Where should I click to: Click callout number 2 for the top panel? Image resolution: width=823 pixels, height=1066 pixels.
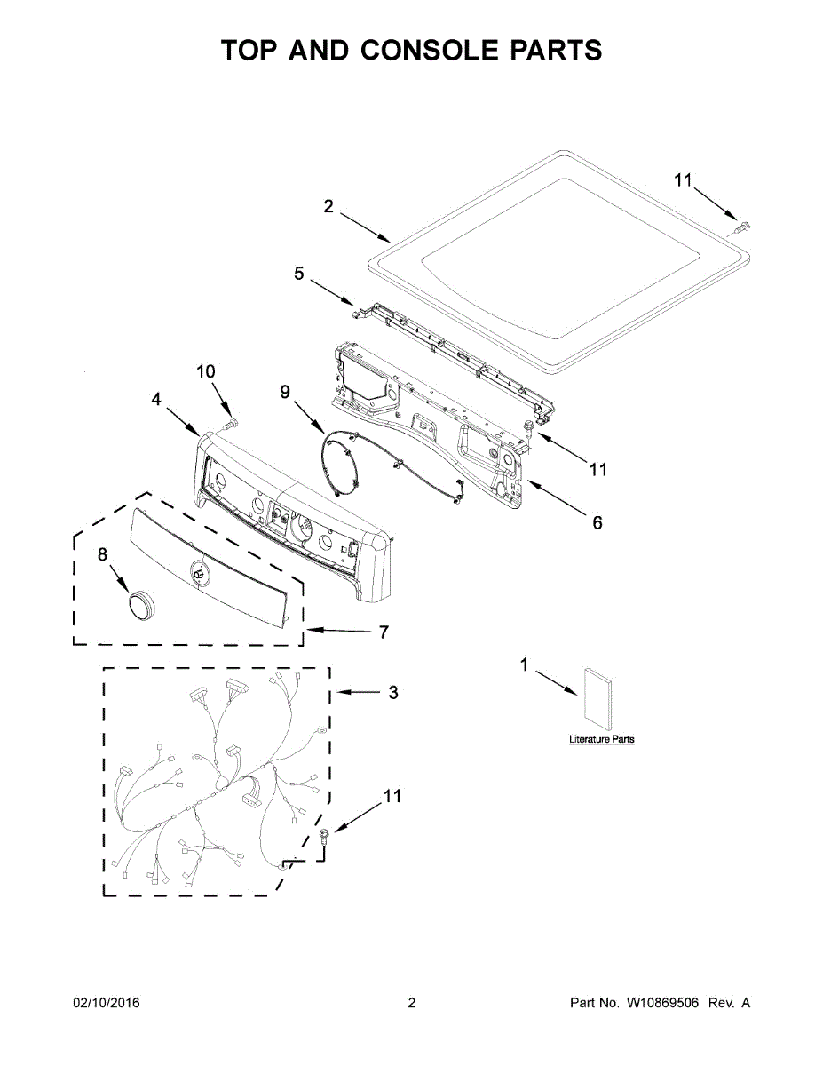[328, 207]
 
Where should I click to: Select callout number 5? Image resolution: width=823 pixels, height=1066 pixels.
[299, 274]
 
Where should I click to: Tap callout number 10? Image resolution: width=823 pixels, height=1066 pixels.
[206, 371]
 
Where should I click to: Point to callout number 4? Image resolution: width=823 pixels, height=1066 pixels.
[156, 401]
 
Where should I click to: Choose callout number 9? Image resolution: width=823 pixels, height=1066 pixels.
[285, 392]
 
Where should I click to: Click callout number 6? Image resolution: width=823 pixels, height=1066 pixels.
[597, 523]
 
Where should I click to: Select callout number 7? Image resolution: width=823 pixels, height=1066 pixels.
[384, 632]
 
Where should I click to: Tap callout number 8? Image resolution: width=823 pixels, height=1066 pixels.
[102, 554]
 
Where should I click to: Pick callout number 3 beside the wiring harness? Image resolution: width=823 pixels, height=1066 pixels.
[393, 693]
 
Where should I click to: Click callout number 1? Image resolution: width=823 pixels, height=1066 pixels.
[524, 664]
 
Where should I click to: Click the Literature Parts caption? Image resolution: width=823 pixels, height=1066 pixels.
[602, 740]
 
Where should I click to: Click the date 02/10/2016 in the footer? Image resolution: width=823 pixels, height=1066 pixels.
[106, 1004]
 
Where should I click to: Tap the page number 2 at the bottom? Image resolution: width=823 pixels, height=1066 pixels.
[411, 1004]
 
